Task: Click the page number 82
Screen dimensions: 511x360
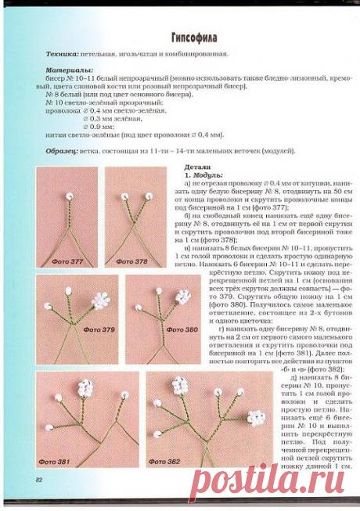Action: (38, 478)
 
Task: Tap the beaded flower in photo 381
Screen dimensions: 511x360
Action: (85, 388)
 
